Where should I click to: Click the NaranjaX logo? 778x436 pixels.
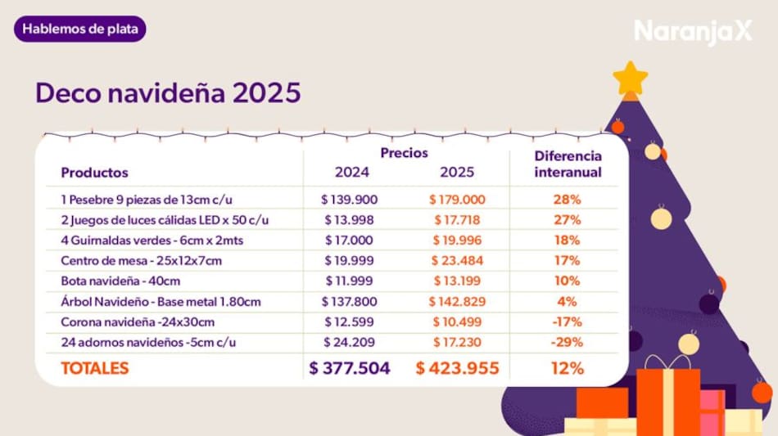[693, 32]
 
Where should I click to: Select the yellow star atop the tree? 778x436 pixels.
[631, 79]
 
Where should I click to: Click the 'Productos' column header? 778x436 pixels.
[94, 173]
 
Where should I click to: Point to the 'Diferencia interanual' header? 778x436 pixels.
[568, 164]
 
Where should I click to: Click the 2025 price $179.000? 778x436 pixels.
[457, 199]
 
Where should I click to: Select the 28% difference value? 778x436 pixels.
[567, 199]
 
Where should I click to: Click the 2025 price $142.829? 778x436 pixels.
[457, 302]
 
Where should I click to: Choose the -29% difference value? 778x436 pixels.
[567, 341]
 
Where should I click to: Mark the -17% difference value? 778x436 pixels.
[567, 321]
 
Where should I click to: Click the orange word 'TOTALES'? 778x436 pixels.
[95, 368]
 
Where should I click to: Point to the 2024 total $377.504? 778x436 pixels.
[350, 368]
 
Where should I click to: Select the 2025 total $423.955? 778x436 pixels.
[457, 368]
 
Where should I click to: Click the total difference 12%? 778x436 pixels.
[567, 368]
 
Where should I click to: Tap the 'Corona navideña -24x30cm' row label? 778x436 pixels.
[138, 321]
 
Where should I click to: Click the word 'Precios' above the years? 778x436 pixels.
[404, 152]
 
